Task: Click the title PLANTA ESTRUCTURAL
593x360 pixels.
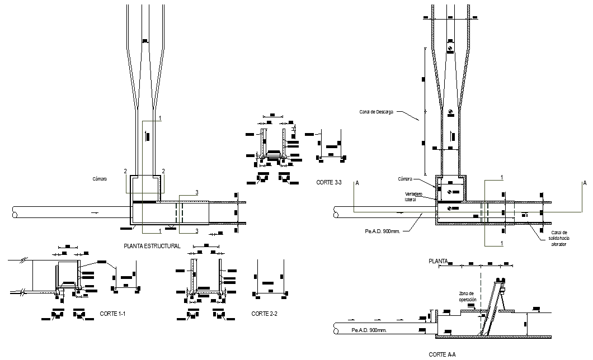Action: click(152, 246)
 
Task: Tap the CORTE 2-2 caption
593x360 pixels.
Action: click(265, 314)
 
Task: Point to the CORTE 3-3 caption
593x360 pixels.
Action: click(329, 182)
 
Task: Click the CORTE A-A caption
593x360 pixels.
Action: click(442, 354)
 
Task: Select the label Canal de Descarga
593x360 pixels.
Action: click(376, 112)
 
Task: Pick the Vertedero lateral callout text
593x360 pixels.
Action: click(415, 196)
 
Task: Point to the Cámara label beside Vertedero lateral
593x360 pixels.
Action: click(405, 179)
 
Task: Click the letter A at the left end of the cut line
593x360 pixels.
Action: click(356, 183)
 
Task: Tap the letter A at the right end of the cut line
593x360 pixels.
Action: click(585, 183)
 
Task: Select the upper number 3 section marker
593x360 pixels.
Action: click(196, 193)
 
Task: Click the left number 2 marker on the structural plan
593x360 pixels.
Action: click(126, 171)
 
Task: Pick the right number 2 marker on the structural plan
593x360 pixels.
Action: click(163, 171)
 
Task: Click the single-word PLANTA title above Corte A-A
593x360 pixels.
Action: click(438, 261)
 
